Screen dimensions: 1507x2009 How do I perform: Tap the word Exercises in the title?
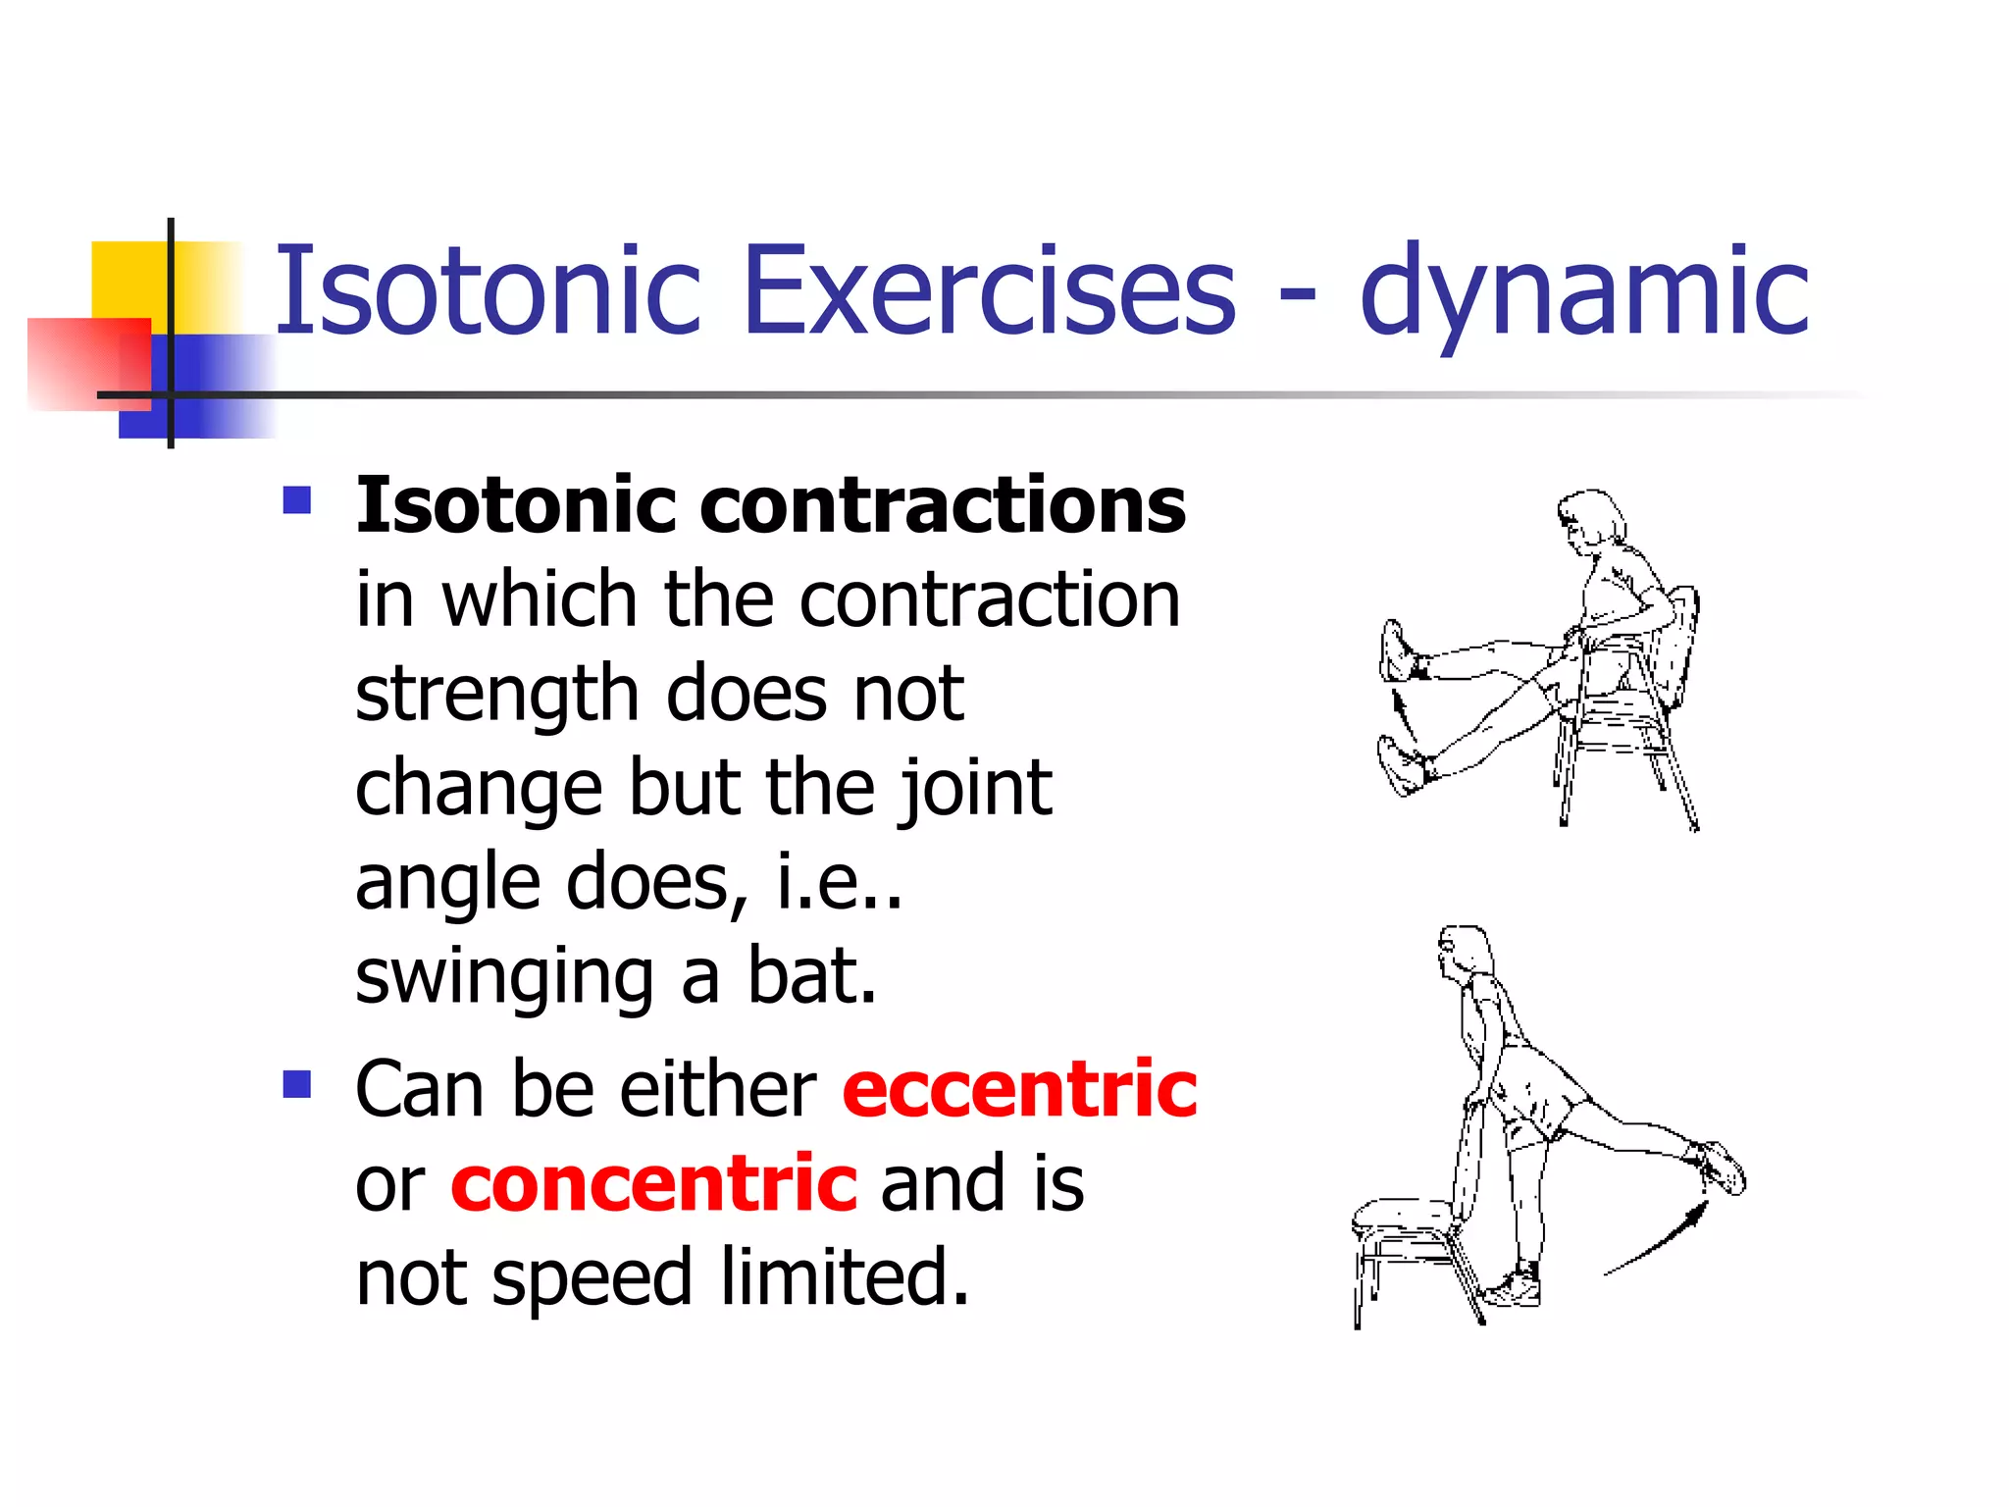click(990, 291)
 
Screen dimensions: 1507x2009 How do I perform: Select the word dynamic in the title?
click(1583, 291)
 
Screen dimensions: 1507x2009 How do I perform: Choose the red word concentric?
click(654, 1183)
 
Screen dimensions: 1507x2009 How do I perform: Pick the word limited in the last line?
click(845, 1277)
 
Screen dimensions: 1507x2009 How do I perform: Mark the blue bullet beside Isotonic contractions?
click(296, 500)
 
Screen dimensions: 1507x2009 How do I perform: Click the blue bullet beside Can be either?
click(296, 1084)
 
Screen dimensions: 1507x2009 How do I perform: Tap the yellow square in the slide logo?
click(128, 280)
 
